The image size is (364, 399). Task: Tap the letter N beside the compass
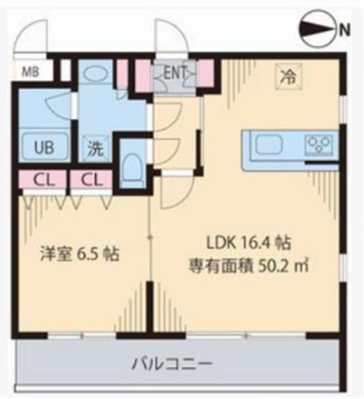pos(345,28)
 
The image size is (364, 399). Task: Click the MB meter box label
pos(30,72)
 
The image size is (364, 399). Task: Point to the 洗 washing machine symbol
pos(94,149)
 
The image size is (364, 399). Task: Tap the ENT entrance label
pos(175,72)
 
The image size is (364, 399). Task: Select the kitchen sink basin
pos(270,144)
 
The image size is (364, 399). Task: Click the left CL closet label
pos(42,180)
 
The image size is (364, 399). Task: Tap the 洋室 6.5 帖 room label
pos(80,254)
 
